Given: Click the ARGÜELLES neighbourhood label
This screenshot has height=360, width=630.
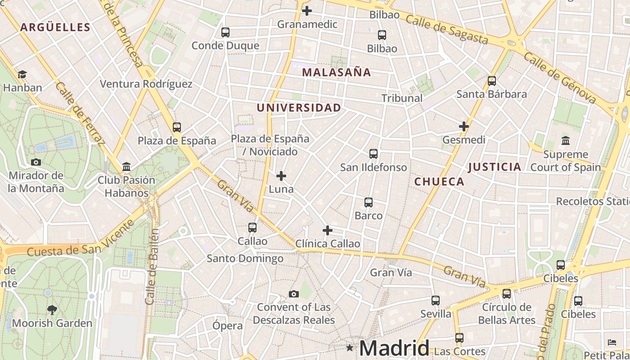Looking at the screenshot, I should pyautogui.click(x=55, y=27).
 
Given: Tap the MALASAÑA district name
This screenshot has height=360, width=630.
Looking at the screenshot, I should pyautogui.click(x=336, y=72).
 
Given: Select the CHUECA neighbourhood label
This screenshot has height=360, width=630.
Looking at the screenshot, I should pyautogui.click(x=439, y=181).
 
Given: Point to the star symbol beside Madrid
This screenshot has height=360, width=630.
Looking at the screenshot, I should pyautogui.click(x=350, y=347).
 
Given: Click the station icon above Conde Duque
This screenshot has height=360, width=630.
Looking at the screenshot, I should pyautogui.click(x=225, y=32).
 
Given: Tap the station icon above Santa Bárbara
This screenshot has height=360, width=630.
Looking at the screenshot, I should pyautogui.click(x=492, y=81).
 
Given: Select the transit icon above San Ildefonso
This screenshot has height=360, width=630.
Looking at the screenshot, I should pyautogui.click(x=373, y=154).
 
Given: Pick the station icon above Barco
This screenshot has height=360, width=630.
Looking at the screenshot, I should pyautogui.click(x=369, y=202).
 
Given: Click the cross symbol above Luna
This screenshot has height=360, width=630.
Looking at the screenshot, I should pyautogui.click(x=281, y=175).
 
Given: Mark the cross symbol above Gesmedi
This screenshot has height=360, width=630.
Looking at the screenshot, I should pyautogui.click(x=464, y=126).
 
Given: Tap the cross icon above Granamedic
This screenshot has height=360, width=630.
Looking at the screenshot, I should pyautogui.click(x=307, y=10).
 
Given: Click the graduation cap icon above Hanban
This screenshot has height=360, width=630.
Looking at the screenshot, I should pyautogui.click(x=22, y=74).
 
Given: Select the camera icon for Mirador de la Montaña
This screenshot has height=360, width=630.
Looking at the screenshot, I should pyautogui.click(x=36, y=162).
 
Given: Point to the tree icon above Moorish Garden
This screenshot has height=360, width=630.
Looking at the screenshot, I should pyautogui.click(x=52, y=310).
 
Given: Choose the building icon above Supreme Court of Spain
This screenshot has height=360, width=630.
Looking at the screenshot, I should pyautogui.click(x=566, y=141).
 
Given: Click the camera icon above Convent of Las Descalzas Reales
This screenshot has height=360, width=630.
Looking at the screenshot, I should pyautogui.click(x=294, y=294).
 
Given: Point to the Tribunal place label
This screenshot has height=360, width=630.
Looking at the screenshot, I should pyautogui.click(x=402, y=98).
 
